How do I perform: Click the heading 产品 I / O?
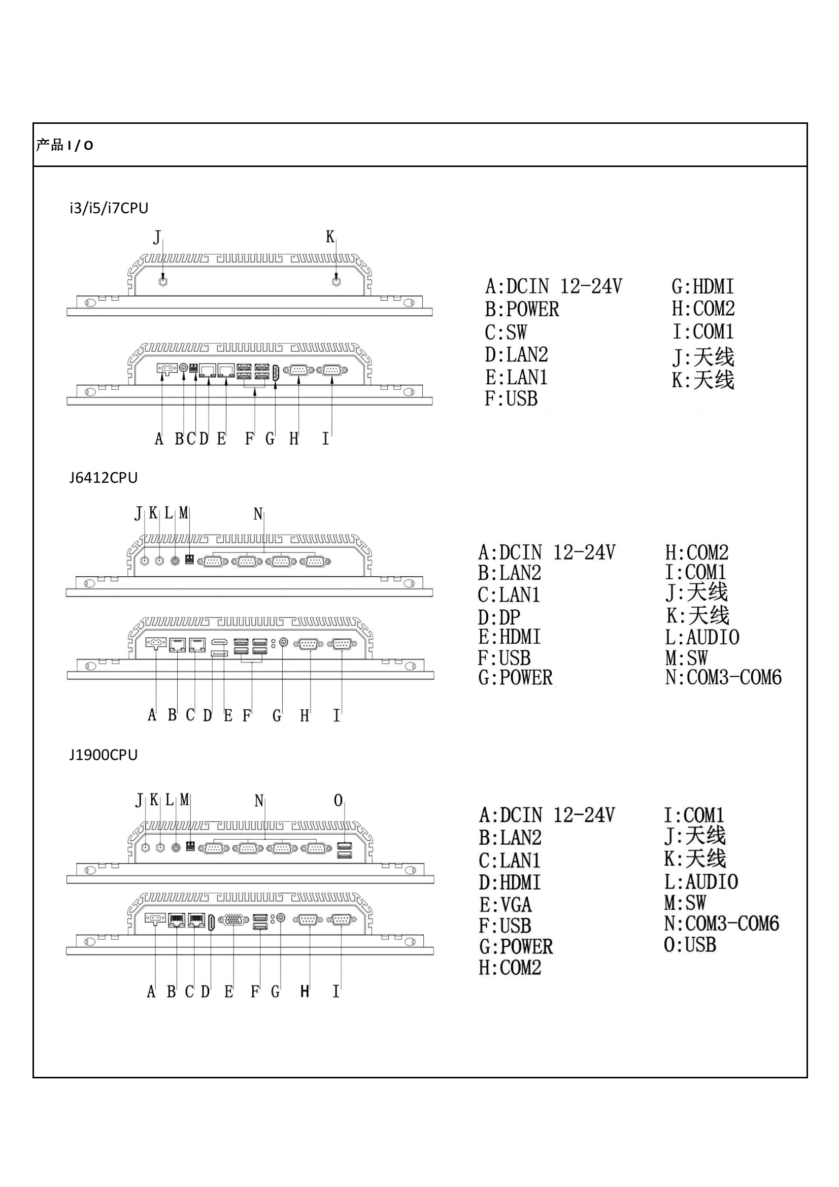tap(64, 145)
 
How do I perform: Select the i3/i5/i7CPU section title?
tap(109, 208)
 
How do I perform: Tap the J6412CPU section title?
tap(104, 477)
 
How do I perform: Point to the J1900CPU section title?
tap(104, 754)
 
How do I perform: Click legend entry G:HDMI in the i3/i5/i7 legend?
tap(702, 286)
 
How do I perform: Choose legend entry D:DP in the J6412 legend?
tap(499, 617)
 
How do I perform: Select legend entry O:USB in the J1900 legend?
tap(690, 944)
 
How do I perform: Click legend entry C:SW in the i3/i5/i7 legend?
tap(506, 332)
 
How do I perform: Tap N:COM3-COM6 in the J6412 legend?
tap(723, 677)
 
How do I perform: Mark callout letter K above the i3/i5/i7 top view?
tap(330, 237)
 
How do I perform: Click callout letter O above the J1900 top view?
tap(338, 800)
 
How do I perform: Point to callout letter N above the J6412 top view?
tap(258, 514)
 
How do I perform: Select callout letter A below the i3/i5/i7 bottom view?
tap(159, 439)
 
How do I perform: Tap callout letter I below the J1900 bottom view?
tap(335, 992)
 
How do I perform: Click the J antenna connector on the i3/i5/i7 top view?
tap(163, 282)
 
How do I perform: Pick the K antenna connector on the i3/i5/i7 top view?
tap(336, 282)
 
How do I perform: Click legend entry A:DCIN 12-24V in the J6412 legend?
tap(547, 552)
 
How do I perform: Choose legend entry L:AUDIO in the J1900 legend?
tap(701, 881)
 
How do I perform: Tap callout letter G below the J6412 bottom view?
tap(277, 715)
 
